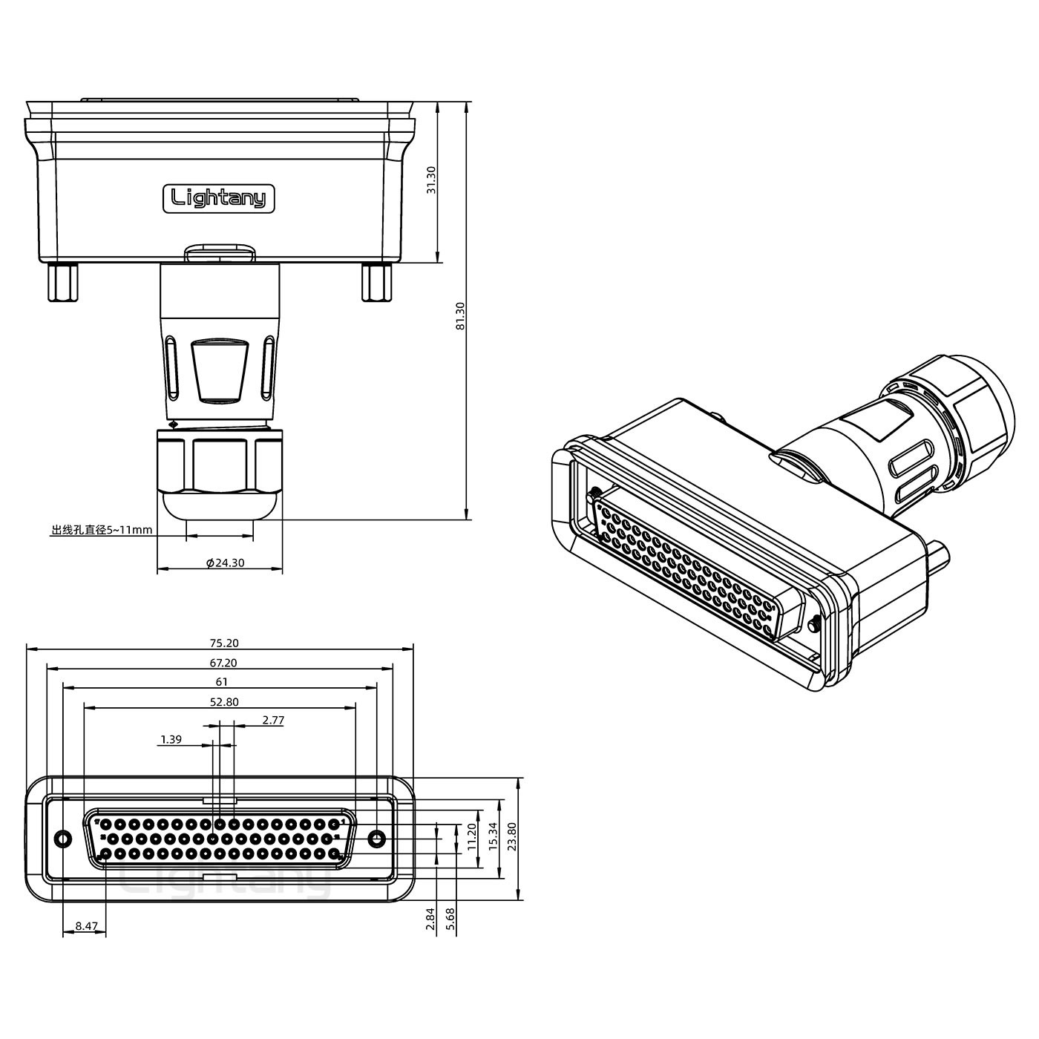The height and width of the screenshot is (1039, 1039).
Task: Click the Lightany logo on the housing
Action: coord(219,198)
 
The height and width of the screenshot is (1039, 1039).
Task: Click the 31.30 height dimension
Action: coord(431,180)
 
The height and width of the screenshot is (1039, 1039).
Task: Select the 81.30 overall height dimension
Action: coord(460,315)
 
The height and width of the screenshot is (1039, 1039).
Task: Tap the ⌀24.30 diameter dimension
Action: coord(226,563)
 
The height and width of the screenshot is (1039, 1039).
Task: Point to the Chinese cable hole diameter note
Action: coord(102,530)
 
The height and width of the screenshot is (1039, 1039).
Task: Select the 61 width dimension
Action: coord(221,682)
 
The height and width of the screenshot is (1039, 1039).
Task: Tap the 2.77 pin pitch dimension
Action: coord(272,721)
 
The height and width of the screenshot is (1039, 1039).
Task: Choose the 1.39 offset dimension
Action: coord(171,740)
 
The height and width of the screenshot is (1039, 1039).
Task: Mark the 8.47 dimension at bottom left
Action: coord(86,926)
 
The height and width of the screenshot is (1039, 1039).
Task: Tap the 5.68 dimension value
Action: coord(450,920)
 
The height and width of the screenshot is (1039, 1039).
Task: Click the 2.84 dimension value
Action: coord(430,920)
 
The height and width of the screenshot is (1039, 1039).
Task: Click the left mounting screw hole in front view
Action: coord(63,839)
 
